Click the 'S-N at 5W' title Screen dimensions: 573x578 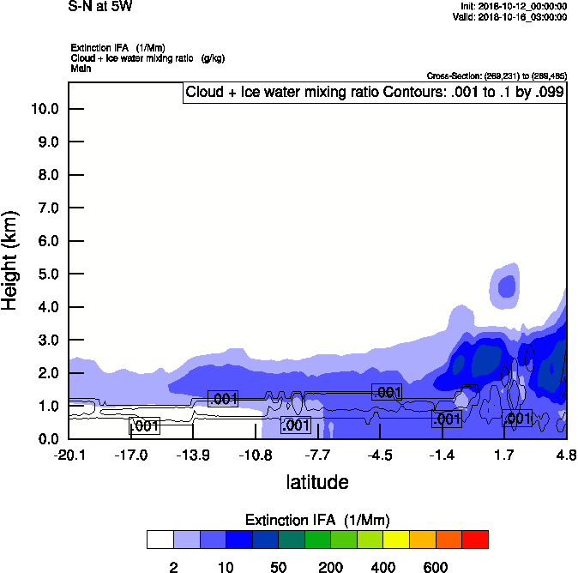(100, 7)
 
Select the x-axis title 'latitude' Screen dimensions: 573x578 (317, 482)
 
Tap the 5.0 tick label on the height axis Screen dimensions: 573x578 (48, 274)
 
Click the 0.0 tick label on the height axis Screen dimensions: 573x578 (48, 439)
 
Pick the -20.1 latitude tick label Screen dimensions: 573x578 (69, 454)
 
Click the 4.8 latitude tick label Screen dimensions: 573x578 (566, 454)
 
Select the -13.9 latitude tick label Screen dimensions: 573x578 (193, 454)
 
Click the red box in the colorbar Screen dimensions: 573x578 (475, 540)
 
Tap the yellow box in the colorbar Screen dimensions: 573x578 (396, 540)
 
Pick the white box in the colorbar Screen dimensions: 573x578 (160, 540)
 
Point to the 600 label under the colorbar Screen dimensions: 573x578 (436, 567)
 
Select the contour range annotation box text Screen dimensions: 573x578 (374, 93)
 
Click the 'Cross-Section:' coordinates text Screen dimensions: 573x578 (497, 75)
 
